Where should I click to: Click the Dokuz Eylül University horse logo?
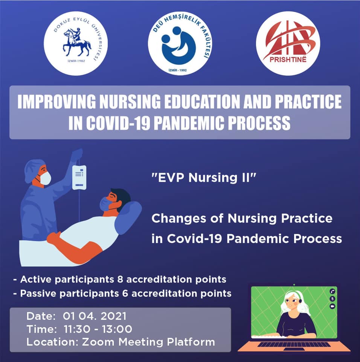(x=76, y=43)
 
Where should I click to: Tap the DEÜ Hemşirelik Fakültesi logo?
(x=180, y=43)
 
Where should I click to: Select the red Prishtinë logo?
(x=288, y=43)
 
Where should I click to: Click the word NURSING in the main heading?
(x=130, y=101)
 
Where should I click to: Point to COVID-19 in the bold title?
(x=118, y=123)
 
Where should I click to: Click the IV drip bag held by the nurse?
(x=79, y=177)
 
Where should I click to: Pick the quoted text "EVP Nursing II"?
(x=204, y=178)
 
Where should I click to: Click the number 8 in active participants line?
(x=120, y=279)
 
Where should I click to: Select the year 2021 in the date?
(x=113, y=316)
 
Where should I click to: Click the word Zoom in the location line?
(x=98, y=342)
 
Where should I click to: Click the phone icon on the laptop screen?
(x=333, y=291)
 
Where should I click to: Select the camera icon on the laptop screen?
(x=333, y=306)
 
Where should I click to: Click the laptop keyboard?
(x=294, y=344)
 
